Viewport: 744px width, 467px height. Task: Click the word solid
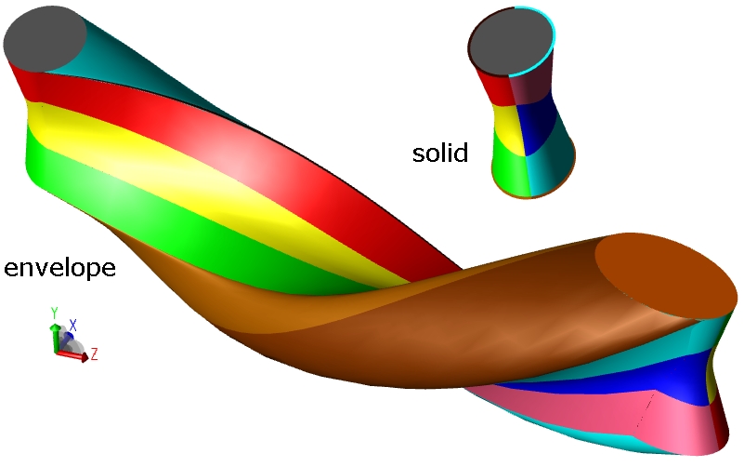point(440,153)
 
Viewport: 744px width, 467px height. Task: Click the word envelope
point(59,267)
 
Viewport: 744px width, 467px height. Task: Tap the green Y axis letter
point(54,314)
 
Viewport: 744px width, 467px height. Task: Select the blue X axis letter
point(73,326)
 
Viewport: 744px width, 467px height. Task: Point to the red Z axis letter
point(94,354)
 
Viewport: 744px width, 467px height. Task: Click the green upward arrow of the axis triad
point(55,339)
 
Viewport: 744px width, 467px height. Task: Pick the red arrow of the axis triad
point(72,355)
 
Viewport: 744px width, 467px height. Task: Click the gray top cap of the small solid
point(511,41)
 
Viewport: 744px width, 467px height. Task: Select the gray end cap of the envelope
point(45,39)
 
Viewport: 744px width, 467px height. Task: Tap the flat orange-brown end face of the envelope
point(666,275)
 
